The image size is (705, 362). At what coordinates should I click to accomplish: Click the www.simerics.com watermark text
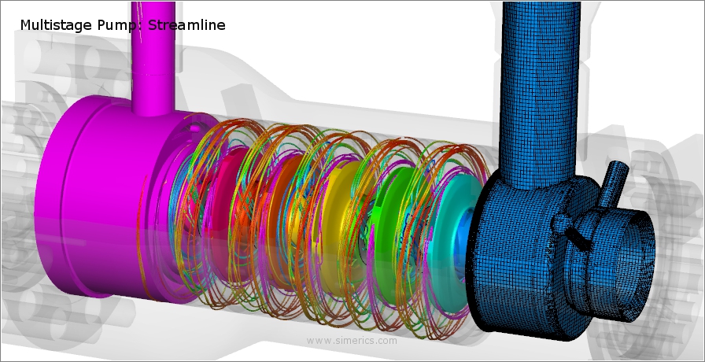tap(352, 341)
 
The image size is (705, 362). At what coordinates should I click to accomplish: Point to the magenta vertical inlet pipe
tap(153, 47)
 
